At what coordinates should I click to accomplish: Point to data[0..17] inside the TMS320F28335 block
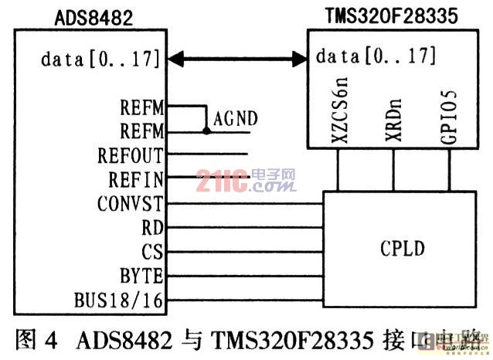tap(376, 56)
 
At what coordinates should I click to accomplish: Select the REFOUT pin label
tap(131, 155)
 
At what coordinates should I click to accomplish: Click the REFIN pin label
tap(136, 180)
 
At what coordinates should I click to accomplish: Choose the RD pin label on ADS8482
tap(152, 228)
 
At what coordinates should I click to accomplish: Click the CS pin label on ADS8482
tap(152, 252)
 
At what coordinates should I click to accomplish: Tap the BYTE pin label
tap(141, 276)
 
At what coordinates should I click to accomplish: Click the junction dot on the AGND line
tap(206, 131)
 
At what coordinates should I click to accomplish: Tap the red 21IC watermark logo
tap(246, 182)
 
